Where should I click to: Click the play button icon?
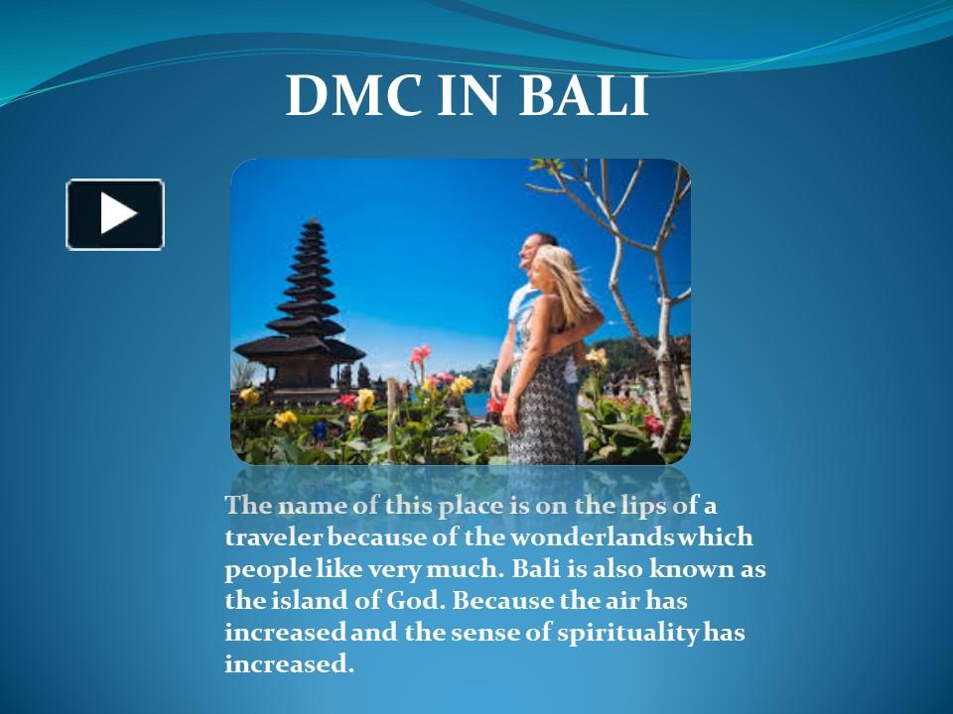(x=115, y=214)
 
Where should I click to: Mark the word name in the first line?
(x=311, y=505)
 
